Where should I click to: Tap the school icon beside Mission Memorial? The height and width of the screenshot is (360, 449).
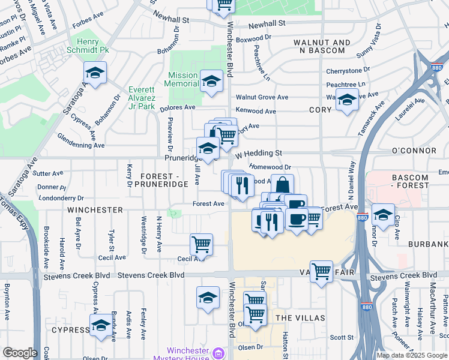[x=211, y=81]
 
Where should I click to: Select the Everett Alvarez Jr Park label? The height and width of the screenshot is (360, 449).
[x=142, y=98]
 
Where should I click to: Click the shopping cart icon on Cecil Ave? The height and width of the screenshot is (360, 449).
[x=201, y=244]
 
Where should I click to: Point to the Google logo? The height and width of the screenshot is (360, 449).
[x=20, y=353]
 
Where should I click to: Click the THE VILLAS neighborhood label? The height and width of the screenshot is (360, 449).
[x=300, y=317]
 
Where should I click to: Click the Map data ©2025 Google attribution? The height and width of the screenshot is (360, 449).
[x=411, y=355]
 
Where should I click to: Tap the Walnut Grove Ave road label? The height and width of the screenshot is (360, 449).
[x=262, y=97]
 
